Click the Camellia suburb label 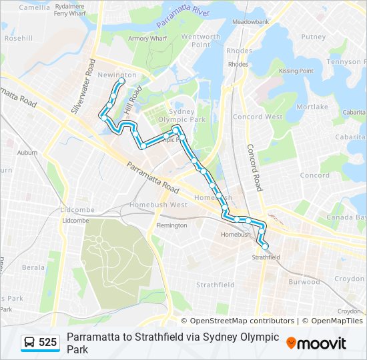coord(34,8)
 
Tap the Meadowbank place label coord(250,22)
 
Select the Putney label coord(313,37)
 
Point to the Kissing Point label coord(296,71)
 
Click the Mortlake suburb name coord(312,107)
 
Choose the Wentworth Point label coord(201,41)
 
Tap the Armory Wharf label coord(147,39)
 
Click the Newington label coord(117,75)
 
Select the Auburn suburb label coord(27,153)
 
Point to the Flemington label coord(171,225)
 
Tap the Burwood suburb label coord(304,282)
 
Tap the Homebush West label coord(158,205)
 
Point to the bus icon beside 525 coord(30,343)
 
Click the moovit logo coord(316,343)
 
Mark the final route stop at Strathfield coord(265,246)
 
